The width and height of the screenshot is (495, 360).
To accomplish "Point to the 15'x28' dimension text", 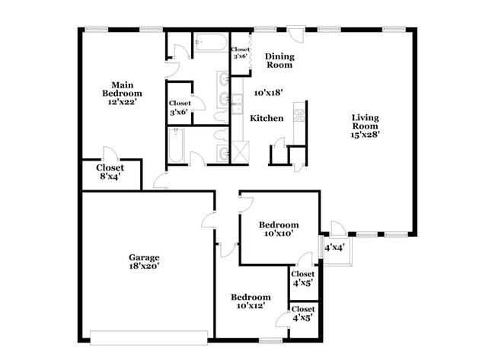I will pos(365,134).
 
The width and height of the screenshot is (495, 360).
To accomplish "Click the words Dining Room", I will pos(279,61).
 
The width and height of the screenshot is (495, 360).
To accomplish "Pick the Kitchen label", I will pos(267,118).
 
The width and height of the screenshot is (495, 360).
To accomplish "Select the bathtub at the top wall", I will pos(208,43).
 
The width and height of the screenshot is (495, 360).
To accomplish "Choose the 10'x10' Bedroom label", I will pos(279,229).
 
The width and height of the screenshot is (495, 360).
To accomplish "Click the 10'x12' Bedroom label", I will pos(251,301).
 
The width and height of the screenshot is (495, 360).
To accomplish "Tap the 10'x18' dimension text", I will pos(269,92).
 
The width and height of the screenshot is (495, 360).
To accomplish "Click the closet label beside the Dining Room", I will pos(241,53).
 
